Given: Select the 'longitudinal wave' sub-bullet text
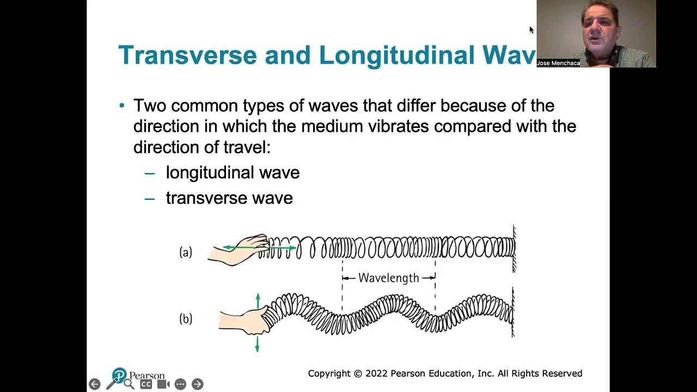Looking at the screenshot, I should point(233,173).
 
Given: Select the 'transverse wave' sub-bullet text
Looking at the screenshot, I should point(229,198).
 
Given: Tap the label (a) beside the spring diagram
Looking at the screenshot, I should point(186,252).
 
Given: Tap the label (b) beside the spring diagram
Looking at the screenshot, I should point(186,318).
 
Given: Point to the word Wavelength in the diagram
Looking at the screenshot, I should point(389,278).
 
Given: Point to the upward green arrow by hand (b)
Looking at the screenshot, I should point(258,300).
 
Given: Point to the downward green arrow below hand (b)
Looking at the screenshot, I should point(258,344).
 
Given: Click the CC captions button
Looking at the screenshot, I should point(146,384).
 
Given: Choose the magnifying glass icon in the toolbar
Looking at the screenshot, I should point(129,384).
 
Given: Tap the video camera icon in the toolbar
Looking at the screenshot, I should point(163,384).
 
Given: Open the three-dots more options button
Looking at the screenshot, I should point(180,384).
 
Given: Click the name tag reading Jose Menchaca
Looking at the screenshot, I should point(558,63).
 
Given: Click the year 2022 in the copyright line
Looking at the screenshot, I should point(376,373).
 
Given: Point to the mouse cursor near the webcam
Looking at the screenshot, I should point(531,30).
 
